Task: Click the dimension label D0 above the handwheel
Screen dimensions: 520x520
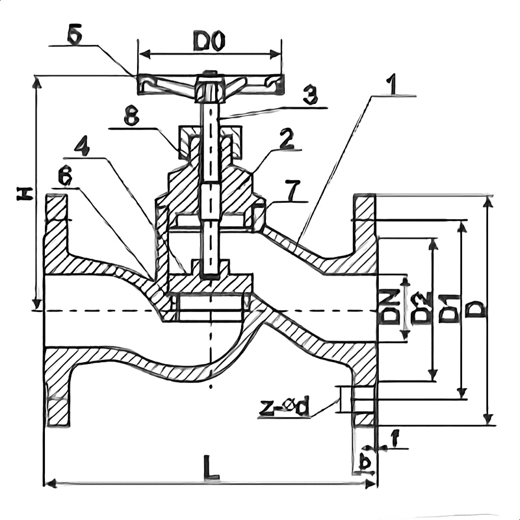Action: (x=209, y=43)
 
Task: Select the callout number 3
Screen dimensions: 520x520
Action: (x=310, y=96)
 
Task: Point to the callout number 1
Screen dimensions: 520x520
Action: (x=391, y=84)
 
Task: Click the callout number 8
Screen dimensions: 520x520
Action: (x=131, y=118)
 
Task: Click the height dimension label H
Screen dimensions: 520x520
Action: (x=24, y=193)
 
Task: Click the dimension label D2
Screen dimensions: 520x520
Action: (x=422, y=308)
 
